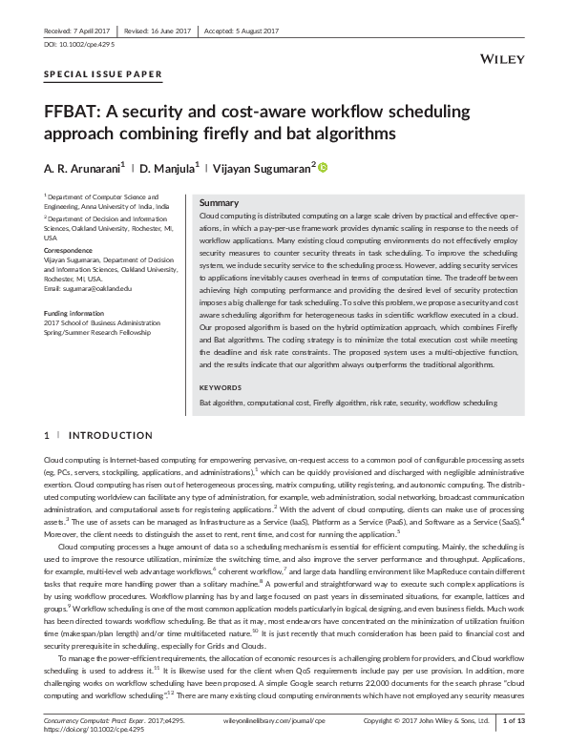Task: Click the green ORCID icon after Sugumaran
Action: coord(323,168)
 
